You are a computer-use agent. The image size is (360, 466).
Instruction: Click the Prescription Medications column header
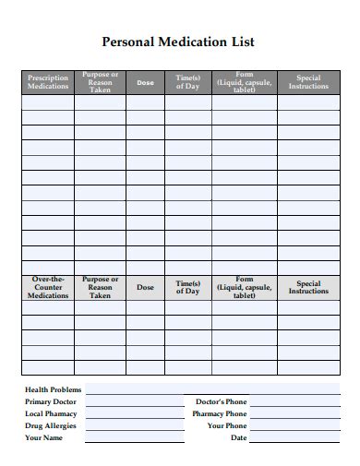48,82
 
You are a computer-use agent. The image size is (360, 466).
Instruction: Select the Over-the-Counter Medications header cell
48,287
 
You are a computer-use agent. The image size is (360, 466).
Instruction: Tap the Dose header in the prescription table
145,83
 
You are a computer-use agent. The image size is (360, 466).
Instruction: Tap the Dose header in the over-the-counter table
145,287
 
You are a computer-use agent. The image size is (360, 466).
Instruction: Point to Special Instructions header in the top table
308,82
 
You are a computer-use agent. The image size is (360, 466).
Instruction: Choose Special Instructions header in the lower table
308,287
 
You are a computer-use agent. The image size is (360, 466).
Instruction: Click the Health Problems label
53,389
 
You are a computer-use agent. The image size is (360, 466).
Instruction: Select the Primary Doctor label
51,401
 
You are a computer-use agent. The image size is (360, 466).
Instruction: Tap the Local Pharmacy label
51,413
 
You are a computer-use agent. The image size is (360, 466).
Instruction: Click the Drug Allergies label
51,425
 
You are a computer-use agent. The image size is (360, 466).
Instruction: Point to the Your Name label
43,437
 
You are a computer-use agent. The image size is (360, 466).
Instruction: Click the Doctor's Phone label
221,401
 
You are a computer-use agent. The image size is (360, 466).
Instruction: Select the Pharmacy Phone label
220,413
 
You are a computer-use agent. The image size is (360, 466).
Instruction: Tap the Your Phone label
226,425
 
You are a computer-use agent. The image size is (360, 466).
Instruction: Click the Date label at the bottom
238,437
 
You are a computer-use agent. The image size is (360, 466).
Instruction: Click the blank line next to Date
294,440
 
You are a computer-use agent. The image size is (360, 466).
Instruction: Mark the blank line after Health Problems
212,392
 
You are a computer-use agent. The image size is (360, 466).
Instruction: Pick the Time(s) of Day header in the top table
187,82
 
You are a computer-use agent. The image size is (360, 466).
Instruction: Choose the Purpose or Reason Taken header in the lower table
100,287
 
